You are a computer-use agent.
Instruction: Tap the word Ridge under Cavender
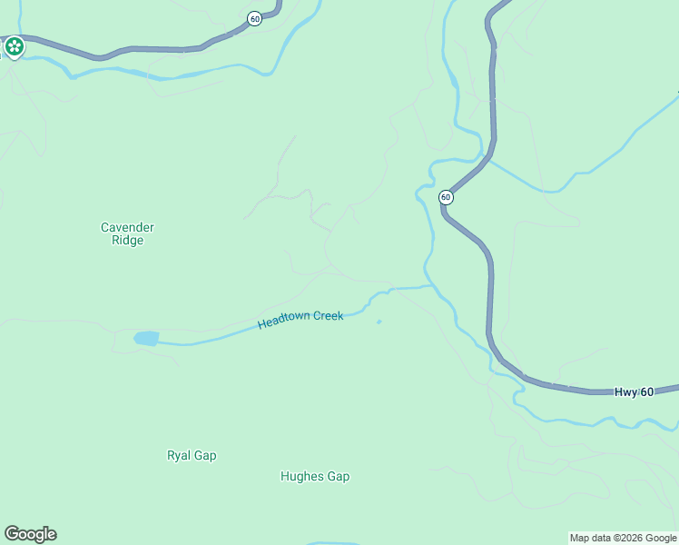pyautogui.click(x=127, y=241)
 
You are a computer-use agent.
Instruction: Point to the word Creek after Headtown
pyautogui.click(x=329, y=316)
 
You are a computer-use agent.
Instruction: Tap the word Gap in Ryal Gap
pyautogui.click(x=205, y=456)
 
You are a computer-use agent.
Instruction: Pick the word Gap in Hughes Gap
pyautogui.click(x=339, y=477)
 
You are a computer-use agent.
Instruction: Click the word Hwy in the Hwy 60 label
pyautogui.click(x=625, y=392)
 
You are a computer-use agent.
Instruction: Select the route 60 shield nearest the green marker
pyautogui.click(x=255, y=18)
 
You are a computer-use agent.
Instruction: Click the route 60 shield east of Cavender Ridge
pyautogui.click(x=446, y=197)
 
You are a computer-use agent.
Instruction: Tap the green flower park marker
pyautogui.click(x=14, y=45)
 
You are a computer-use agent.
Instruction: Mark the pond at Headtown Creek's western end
pyautogui.click(x=146, y=338)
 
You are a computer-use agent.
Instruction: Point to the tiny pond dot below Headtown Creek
pyautogui.click(x=379, y=321)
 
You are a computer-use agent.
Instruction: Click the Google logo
pyautogui.click(x=30, y=534)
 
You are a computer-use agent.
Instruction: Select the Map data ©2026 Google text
pyautogui.click(x=623, y=538)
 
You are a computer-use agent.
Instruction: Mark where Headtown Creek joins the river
pyautogui.click(x=430, y=287)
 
